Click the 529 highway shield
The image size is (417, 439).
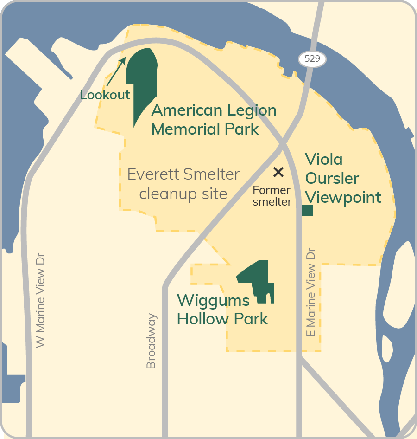(313, 59)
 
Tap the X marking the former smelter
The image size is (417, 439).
(278, 172)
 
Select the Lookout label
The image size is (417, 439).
(105, 95)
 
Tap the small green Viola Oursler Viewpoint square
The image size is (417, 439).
(307, 211)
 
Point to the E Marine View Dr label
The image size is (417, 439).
(311, 292)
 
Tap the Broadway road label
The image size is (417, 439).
(151, 341)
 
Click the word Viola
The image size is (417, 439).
(324, 160)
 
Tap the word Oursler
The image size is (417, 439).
(332, 179)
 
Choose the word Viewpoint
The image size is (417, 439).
(343, 197)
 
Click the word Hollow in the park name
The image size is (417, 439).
(200, 319)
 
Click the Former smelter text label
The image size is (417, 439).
(272, 196)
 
